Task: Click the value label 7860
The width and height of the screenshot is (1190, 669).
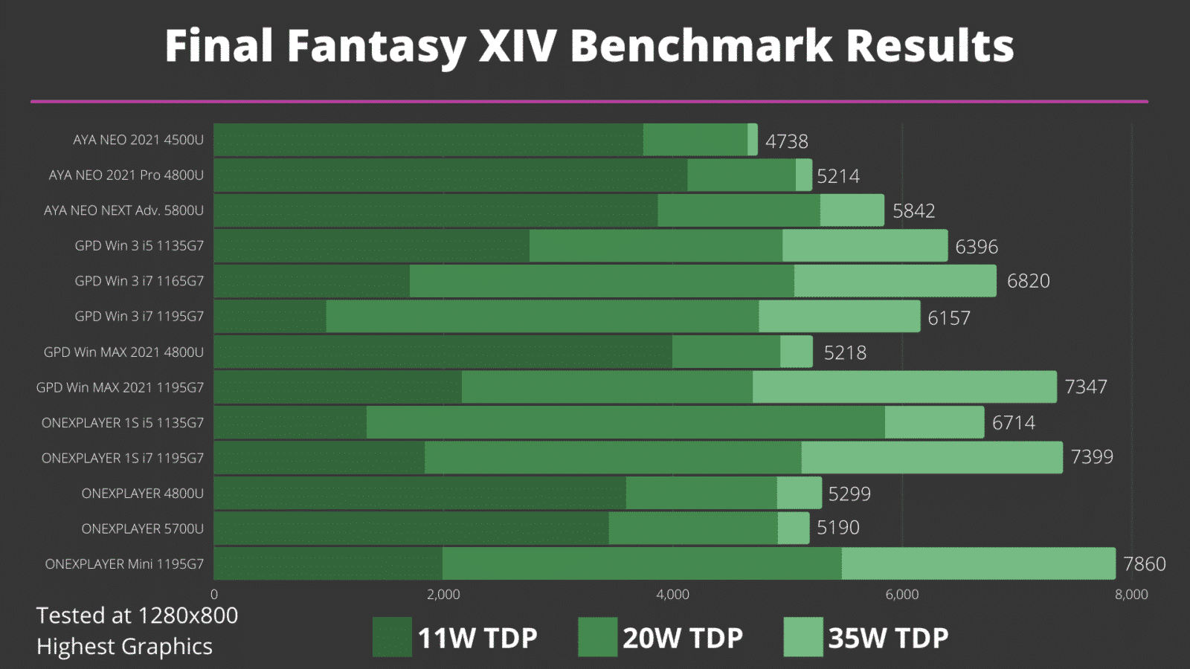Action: pos(1144,564)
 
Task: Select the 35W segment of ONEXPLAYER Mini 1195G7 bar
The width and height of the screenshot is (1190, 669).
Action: pos(978,563)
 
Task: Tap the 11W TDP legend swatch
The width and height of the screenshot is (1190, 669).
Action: pos(392,637)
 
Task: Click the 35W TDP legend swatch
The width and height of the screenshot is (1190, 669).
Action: pos(803,637)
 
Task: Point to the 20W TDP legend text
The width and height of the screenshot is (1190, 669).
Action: pos(682,639)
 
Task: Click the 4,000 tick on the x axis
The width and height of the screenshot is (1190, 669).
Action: pos(672,595)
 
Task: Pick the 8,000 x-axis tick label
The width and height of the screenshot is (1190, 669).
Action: pos(1130,595)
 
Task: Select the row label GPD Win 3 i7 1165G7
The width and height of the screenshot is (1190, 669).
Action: pos(139,281)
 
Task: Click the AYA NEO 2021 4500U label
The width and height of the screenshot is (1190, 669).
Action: pos(138,140)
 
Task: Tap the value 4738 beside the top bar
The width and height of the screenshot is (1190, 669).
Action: pos(786,141)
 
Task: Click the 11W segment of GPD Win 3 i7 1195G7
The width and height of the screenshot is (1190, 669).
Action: pos(270,317)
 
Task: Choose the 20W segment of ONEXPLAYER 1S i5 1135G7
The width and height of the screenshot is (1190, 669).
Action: pos(625,422)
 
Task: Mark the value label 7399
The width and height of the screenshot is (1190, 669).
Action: pos(1091,457)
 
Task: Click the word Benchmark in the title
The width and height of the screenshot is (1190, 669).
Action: pos(701,46)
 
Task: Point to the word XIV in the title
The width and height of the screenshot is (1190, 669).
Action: pos(517,46)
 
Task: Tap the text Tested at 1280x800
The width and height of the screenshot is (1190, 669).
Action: pos(137,615)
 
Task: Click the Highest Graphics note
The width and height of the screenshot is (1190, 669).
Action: pos(124,647)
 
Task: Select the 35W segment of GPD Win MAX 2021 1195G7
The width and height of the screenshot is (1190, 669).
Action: pos(904,387)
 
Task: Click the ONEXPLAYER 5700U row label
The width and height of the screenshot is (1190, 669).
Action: pos(142,529)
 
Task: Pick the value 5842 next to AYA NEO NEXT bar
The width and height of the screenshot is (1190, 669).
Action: pos(913,211)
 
